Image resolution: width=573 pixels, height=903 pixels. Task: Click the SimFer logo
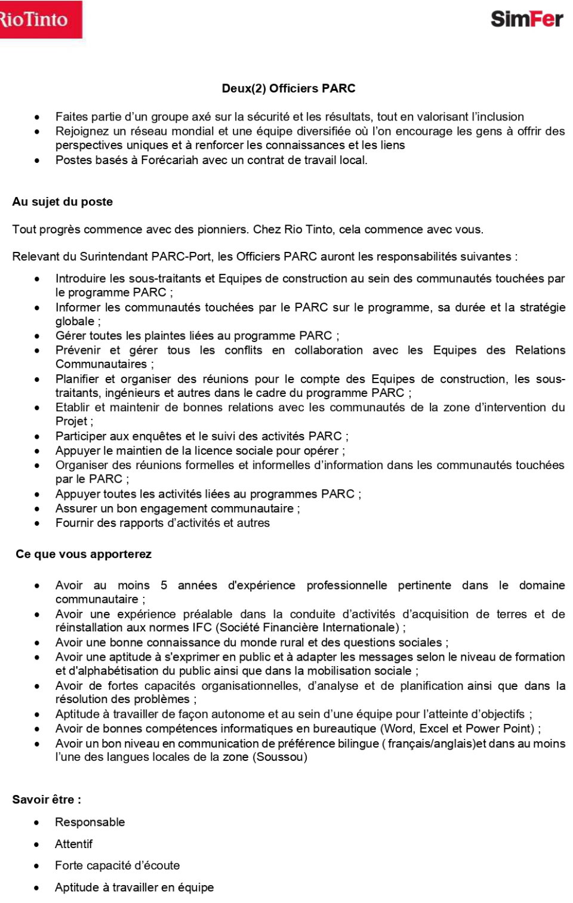pos(526,19)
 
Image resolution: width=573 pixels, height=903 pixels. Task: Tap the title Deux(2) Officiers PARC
pos(288,88)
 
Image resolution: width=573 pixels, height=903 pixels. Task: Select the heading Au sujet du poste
pos(63,202)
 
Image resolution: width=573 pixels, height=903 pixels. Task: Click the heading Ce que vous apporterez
pos(84,554)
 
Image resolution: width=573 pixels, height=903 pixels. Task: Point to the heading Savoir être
pos(47,799)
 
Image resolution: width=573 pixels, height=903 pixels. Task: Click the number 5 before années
pos(164,585)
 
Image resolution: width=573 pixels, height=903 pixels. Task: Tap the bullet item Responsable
pos(90,822)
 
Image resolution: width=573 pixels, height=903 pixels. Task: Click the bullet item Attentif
pos(74,844)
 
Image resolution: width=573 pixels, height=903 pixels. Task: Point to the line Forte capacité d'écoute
pos(117,865)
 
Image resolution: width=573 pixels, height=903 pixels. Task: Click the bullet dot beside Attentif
pos(37,844)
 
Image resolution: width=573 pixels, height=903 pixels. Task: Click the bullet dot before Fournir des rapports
pos(37,523)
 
